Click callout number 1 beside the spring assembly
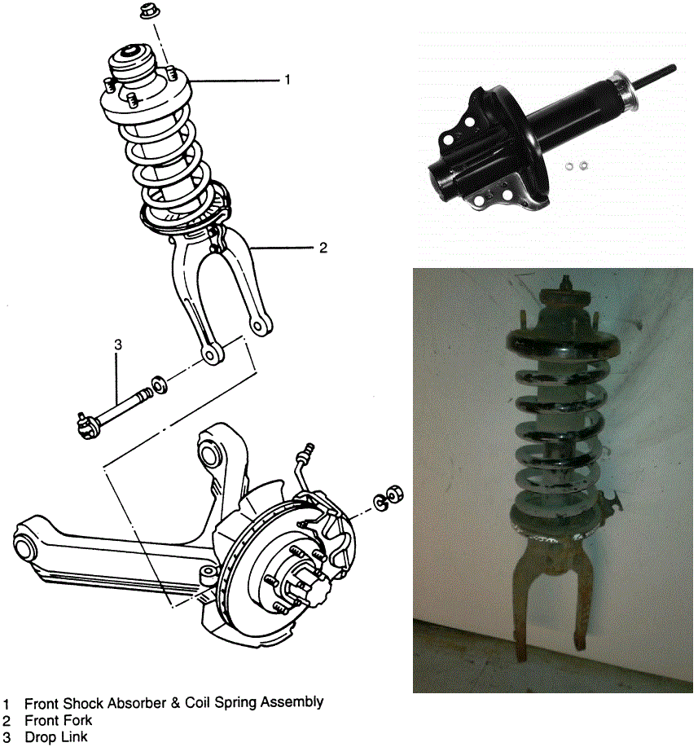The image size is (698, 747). (288, 80)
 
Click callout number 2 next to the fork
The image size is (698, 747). (323, 248)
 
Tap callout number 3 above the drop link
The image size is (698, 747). (118, 344)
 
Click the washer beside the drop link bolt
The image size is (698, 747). (159, 385)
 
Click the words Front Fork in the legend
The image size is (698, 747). (58, 720)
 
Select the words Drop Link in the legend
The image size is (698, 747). (56, 737)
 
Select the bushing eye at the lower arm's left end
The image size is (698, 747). (26, 547)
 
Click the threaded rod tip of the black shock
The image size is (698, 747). (673, 68)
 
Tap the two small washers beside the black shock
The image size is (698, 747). (576, 166)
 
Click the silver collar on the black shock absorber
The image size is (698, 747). (625, 91)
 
